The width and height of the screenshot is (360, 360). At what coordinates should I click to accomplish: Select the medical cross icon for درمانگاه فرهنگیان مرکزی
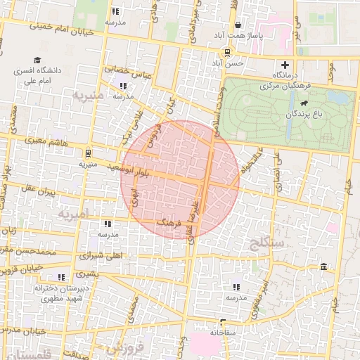(284, 63)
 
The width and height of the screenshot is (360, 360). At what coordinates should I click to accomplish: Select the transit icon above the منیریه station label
(87, 151)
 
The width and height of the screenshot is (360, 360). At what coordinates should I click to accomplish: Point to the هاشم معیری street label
(46, 141)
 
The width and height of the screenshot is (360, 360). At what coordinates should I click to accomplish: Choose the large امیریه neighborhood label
(74, 212)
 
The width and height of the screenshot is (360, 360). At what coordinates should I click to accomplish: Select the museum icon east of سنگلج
(323, 266)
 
